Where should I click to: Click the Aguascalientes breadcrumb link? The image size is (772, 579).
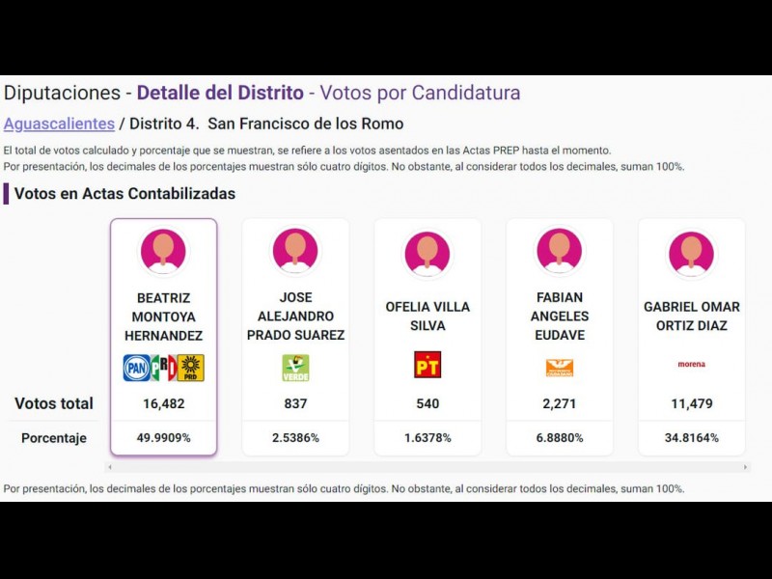click(59, 124)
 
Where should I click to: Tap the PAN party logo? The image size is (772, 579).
click(136, 367)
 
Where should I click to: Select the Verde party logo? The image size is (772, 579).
click(295, 367)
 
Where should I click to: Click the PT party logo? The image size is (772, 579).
click(427, 365)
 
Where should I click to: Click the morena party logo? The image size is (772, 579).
click(691, 365)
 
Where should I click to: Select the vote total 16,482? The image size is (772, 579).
click(163, 403)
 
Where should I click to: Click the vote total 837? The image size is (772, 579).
click(295, 403)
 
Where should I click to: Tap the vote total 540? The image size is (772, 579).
click(427, 403)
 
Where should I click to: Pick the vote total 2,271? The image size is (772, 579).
click(560, 403)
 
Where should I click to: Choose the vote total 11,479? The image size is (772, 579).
click(691, 403)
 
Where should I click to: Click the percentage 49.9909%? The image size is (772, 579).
click(163, 438)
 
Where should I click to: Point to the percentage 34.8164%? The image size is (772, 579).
click(691, 438)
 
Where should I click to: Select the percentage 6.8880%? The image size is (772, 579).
click(560, 438)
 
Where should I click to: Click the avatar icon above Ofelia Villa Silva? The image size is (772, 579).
click(427, 253)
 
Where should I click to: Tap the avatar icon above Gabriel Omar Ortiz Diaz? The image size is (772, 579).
click(691, 253)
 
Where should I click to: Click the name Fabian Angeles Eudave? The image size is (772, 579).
click(560, 316)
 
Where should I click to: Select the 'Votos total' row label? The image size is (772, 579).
click(54, 403)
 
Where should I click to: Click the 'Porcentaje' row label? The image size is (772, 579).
click(54, 438)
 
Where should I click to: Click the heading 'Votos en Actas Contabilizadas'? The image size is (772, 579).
click(124, 193)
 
